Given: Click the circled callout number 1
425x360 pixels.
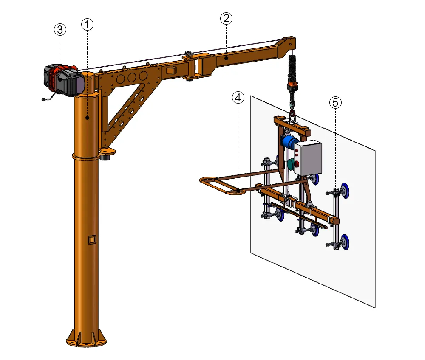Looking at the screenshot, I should [87, 25].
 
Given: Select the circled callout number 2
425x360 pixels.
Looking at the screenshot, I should [226, 18].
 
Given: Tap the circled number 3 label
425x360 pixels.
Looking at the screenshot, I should [60, 29].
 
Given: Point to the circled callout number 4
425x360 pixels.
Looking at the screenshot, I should [238, 98].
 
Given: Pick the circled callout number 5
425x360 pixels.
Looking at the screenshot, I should [336, 102].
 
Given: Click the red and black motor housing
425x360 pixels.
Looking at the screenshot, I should [64, 80].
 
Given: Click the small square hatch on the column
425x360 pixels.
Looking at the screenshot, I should [91, 240].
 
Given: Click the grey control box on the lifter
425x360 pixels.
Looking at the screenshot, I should [308, 158].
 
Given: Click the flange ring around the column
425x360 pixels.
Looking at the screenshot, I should [87, 156].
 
